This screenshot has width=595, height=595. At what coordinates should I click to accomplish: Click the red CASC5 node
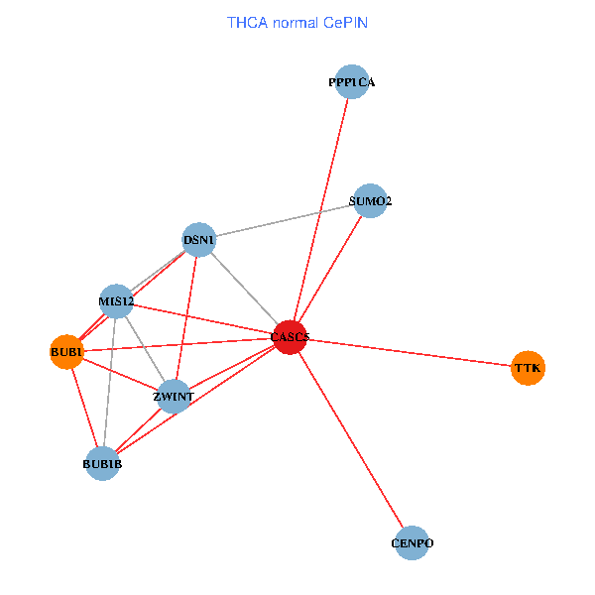[x=290, y=338]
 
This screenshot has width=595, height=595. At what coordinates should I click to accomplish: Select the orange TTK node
[x=528, y=368]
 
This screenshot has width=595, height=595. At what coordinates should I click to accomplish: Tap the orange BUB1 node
[x=66, y=352]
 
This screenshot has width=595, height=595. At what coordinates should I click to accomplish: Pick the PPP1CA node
[x=352, y=82]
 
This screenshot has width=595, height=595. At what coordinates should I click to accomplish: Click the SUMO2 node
[x=369, y=201]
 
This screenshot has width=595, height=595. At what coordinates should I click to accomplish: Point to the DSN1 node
[x=199, y=240]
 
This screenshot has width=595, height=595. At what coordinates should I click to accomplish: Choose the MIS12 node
[x=116, y=301]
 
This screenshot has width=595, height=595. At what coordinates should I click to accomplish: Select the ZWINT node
[x=174, y=397]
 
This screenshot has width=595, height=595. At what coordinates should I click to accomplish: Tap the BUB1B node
[x=102, y=463]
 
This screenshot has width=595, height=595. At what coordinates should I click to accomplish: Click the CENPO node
[x=412, y=543]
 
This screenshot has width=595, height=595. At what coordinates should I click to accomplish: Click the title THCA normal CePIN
[x=297, y=22]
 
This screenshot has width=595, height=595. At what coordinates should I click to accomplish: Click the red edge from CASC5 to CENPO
[x=350, y=440]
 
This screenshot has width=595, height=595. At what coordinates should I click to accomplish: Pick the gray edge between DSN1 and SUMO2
[x=285, y=220]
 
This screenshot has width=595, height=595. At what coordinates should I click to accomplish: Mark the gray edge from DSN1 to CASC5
[x=245, y=290]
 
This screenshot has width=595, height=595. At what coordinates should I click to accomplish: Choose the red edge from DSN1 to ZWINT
[x=186, y=318]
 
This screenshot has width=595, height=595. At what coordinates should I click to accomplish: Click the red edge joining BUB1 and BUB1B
[x=84, y=408]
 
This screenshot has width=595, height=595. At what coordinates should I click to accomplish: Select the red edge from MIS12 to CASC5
[x=203, y=319]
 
